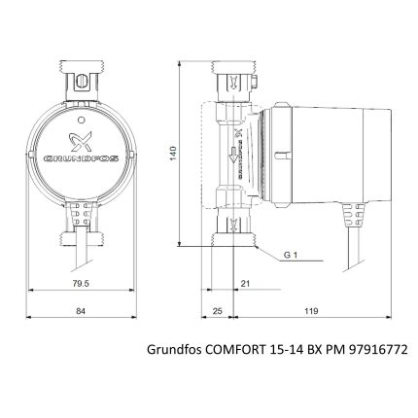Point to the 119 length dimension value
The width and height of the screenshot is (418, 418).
[x=310, y=311]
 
